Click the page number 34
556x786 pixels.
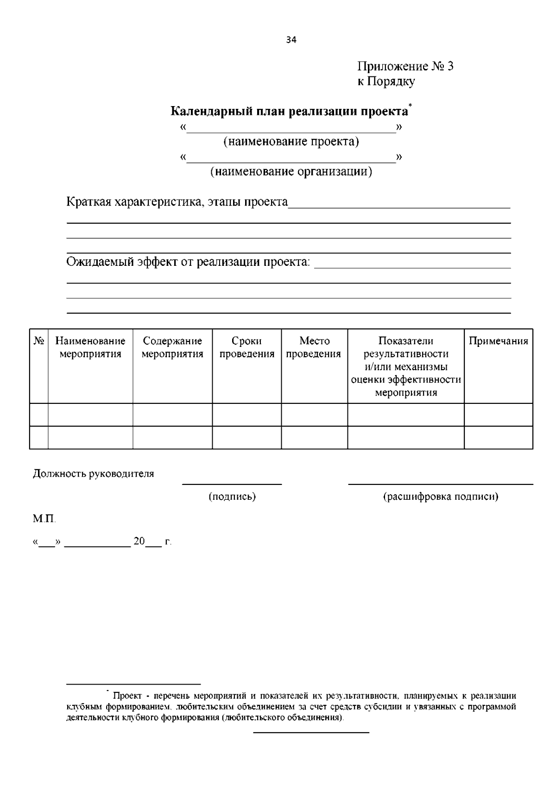coord(291,40)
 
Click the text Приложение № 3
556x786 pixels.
coord(405,66)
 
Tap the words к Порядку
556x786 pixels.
coord(385,82)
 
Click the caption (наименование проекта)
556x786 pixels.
coord(291,141)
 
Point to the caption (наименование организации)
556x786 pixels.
coord(291,172)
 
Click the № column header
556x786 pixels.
coord(39,341)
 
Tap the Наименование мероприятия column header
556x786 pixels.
coord(90,347)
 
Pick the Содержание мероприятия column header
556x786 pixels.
coord(172,347)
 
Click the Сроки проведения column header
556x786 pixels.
coord(246,347)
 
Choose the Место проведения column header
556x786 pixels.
coord(314,347)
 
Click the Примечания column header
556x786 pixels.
coord(498,341)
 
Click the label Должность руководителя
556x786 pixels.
coord(93,474)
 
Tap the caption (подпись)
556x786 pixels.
coord(232,497)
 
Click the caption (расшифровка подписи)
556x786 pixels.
coord(440,497)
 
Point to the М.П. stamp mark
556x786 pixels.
coord(44,519)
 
